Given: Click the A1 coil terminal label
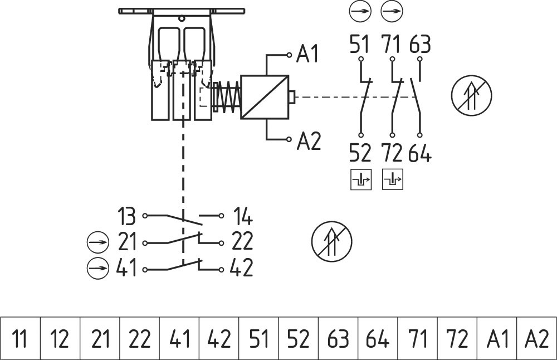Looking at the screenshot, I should click(308, 55).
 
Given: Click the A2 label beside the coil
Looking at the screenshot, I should click(309, 142).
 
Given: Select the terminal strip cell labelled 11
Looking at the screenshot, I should click(20, 339).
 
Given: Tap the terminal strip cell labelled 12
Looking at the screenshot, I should click(60, 339).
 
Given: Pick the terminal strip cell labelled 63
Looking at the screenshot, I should click(338, 339).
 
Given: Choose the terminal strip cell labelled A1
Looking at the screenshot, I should click(497, 339).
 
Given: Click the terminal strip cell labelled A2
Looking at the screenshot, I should click(537, 339).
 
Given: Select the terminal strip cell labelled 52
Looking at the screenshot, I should click(298, 339).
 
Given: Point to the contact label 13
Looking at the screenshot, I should click(128, 215).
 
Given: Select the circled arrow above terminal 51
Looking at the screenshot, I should click(360, 11).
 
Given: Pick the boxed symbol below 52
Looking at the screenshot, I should click(361, 179).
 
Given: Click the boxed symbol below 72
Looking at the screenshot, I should click(393, 179).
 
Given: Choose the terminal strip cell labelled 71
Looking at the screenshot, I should click(417, 339).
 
